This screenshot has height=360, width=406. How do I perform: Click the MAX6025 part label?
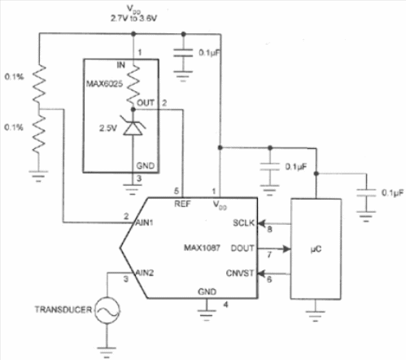[104, 84]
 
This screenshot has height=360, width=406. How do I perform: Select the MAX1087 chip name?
[202, 248]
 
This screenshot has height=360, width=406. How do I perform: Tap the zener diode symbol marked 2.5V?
[132, 126]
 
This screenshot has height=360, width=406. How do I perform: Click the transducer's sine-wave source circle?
[108, 310]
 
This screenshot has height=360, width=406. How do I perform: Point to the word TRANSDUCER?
[63, 310]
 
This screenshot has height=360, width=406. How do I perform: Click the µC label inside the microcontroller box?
[316, 249]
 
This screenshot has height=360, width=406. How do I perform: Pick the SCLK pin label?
[243, 223]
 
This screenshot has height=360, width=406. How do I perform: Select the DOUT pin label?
[243, 248]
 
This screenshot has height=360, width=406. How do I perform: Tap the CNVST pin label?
[240, 273]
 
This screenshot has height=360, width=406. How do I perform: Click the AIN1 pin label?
[145, 223]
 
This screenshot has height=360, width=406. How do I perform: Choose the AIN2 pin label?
[145, 272]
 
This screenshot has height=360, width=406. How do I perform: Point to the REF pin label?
[182, 204]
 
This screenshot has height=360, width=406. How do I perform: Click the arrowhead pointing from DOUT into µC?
[287, 249]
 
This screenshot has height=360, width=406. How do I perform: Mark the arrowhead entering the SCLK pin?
[262, 223]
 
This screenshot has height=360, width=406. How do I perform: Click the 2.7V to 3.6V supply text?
[134, 19]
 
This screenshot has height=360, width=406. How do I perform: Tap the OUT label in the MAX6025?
[145, 103]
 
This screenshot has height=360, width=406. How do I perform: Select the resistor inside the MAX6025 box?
[133, 84]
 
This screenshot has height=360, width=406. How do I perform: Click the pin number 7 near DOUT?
[270, 255]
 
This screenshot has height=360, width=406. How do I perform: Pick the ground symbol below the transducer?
[107, 352]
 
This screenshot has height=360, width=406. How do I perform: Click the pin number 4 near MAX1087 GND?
[226, 305]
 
